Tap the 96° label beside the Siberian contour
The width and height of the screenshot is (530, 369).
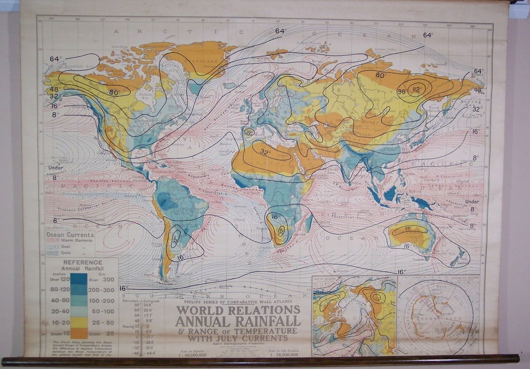tap(401, 92)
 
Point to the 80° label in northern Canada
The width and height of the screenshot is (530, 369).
tap(114, 92)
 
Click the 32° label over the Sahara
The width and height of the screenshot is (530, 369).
tap(265, 151)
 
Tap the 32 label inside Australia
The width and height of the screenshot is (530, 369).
tap(407, 228)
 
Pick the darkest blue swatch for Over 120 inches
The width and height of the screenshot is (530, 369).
tap(79, 278)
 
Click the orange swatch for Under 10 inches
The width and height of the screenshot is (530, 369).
tap(79, 333)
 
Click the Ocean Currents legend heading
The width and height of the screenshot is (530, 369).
tap(70, 234)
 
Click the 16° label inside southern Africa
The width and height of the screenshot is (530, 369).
tap(276, 216)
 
